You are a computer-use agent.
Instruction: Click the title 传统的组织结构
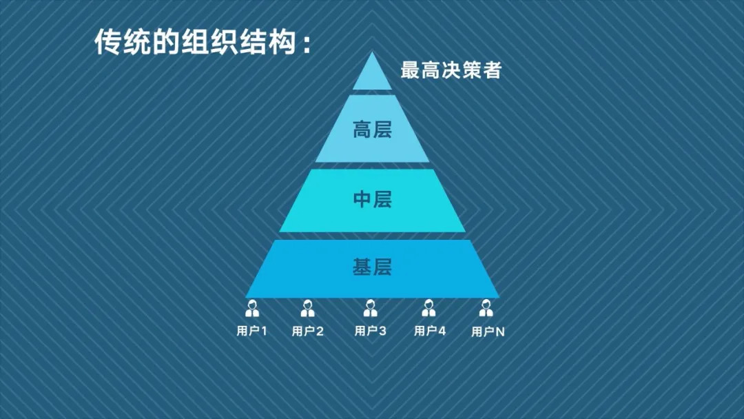[203, 42]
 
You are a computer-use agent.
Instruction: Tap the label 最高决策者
[451, 70]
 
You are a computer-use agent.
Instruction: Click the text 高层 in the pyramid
[372, 130]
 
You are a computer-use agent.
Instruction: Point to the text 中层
[372, 200]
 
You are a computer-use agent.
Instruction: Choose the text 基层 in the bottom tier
[372, 267]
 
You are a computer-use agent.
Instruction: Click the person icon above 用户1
[252, 308]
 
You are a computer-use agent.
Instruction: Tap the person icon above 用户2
[308, 308]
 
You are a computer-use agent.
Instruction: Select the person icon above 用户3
[371, 308]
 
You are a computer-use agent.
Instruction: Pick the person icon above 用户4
[429, 308]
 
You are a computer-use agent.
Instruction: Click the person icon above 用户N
[487, 308]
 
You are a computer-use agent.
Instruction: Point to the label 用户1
[252, 331]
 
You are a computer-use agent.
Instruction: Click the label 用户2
[308, 331]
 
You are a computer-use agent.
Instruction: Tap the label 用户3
[371, 331]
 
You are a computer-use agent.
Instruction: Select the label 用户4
[430, 331]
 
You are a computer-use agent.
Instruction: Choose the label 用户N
[488, 331]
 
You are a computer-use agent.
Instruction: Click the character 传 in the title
[107, 42]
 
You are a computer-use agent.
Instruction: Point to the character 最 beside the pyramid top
[411, 70]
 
